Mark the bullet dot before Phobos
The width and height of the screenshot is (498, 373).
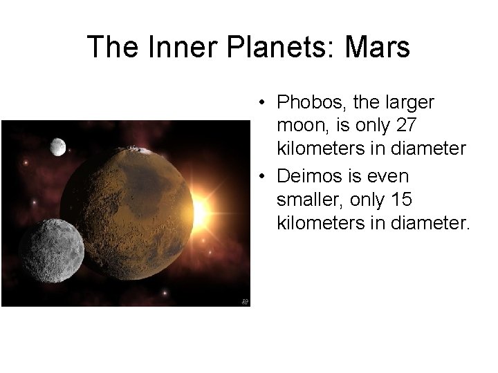coord(257,104)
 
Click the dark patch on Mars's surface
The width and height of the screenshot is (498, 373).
coord(118,207)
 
